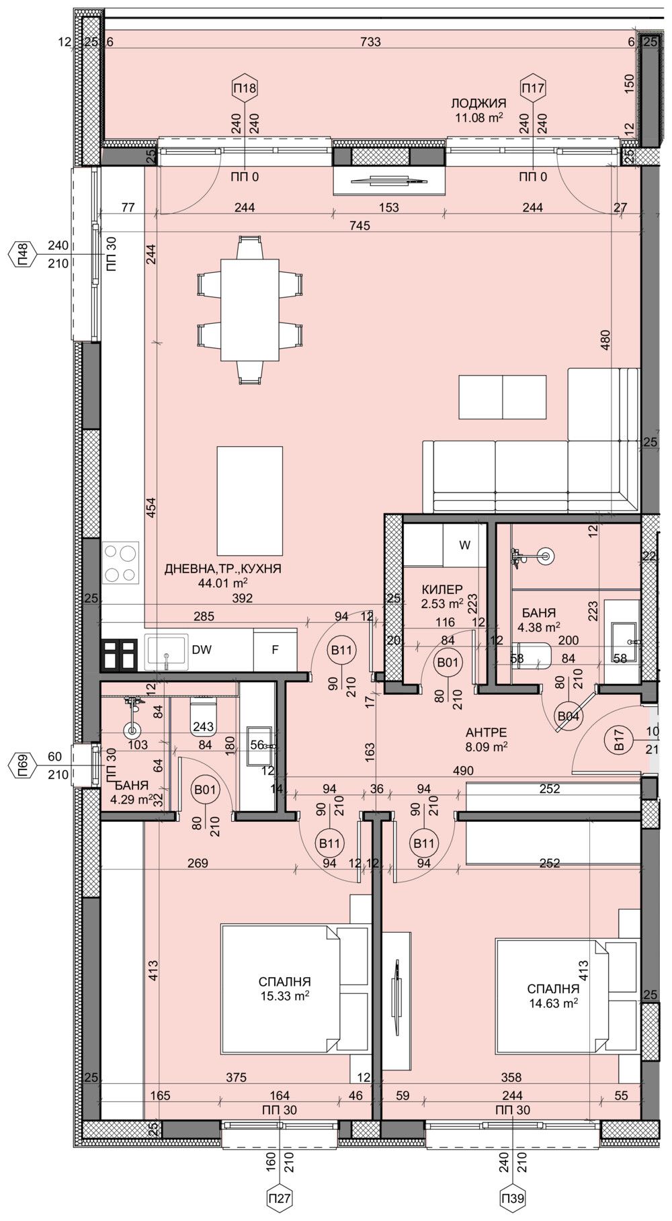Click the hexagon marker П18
245,87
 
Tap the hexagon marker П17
533,87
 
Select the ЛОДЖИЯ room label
478,103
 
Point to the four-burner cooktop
121,562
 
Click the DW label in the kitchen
202,650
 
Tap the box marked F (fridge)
274,650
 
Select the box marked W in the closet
464,545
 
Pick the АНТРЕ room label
486,732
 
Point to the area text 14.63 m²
553,1003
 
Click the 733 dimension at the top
370,42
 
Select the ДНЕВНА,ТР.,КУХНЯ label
223,569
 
